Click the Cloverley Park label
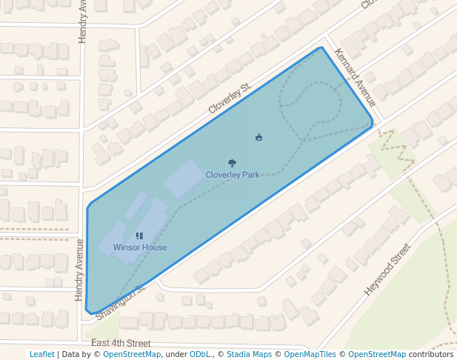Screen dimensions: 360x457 (233, 175)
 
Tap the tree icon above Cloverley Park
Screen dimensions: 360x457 (233, 164)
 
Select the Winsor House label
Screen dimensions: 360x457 (140, 247)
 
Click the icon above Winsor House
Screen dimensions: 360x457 (139, 236)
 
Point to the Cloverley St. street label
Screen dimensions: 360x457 (230, 98)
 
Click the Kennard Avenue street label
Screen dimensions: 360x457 (356, 77)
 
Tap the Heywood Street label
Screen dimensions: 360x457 (387, 270)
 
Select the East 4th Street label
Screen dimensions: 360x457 (121, 344)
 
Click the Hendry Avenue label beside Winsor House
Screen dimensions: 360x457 (79, 269)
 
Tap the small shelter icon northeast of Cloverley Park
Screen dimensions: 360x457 (258, 137)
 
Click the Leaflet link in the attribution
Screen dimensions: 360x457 (41, 355)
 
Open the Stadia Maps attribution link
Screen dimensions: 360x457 (249, 355)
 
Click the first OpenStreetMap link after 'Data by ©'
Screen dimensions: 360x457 (132, 355)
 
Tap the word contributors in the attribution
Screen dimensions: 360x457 (431, 355)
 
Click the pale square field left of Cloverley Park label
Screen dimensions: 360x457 (185, 179)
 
